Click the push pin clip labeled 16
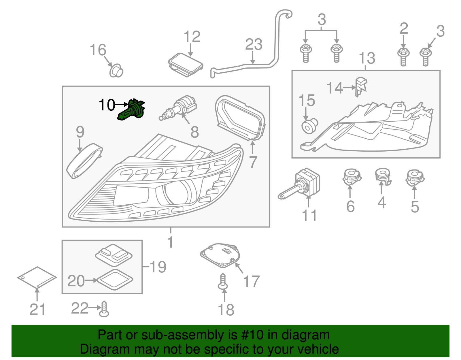(116, 71)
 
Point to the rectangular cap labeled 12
(186, 64)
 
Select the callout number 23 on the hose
(254, 45)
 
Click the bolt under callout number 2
(403, 57)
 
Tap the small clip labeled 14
(361, 86)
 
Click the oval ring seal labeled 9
(84, 161)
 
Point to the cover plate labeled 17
(220, 254)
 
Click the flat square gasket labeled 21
(37, 277)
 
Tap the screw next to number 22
(104, 309)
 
